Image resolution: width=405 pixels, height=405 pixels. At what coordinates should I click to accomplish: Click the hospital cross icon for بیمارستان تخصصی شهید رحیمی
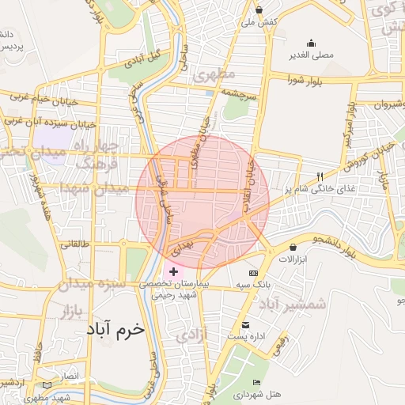point(174,271)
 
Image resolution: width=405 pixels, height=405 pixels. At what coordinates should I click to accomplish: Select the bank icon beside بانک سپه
point(253,272)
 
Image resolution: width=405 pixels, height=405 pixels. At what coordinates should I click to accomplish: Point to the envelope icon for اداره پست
point(245,325)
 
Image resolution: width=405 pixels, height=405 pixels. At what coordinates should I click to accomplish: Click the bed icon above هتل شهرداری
point(255,382)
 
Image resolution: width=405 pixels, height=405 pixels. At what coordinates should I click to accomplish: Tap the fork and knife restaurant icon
point(320,176)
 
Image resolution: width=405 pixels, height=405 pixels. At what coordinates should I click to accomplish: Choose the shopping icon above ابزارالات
point(293,248)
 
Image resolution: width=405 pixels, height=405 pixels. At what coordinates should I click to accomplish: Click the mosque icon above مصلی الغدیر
point(311,43)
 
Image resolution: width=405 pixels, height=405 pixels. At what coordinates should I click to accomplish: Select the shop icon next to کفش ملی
point(259,10)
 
